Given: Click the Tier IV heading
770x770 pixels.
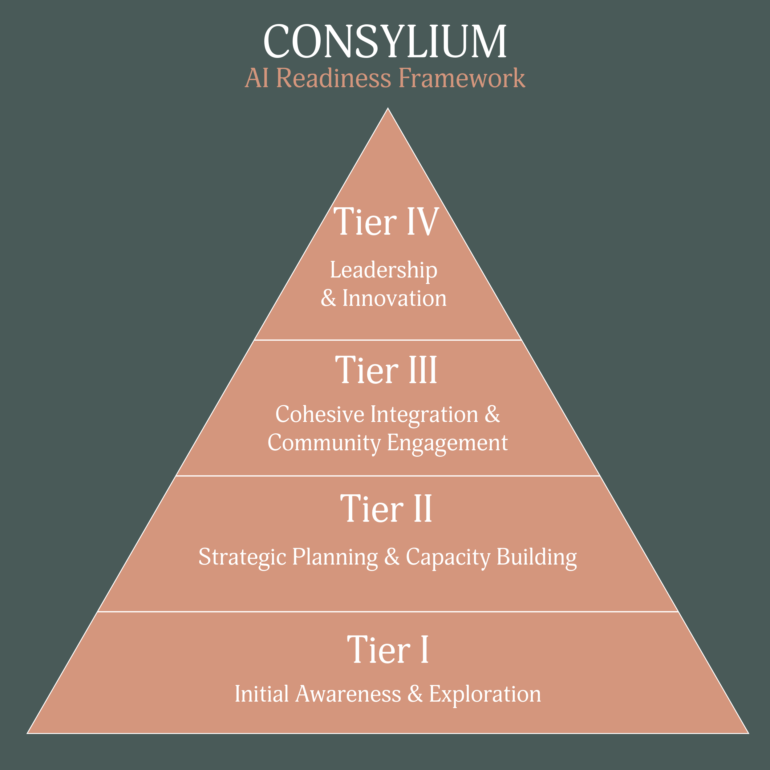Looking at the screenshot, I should pos(386,221).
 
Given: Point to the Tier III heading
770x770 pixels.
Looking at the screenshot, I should pos(386,370).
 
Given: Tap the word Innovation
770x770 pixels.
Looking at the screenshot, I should pos(395,298).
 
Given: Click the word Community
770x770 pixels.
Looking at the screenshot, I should pos(324,443).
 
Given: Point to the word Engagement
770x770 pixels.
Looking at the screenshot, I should pos(447,443).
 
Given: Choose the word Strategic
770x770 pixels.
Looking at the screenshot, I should pos(242,557).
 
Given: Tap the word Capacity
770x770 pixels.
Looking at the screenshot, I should pos(448,557).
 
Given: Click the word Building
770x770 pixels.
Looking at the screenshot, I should pos(537,557).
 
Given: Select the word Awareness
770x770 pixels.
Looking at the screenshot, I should pos(348,694).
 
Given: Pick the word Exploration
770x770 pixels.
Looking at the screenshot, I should pos(484,694).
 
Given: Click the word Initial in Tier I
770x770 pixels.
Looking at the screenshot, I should pos(261,694).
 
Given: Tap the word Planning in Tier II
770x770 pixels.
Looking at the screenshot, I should pos(335,557).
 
